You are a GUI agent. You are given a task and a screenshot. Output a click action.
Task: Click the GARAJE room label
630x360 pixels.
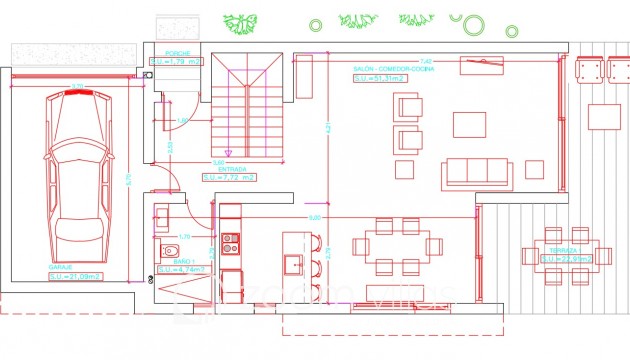[x=59, y=268]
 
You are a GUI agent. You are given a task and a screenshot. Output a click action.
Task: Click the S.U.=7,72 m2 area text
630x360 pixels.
[x=229, y=178]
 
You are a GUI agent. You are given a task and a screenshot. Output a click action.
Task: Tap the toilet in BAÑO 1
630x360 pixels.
[x=170, y=251]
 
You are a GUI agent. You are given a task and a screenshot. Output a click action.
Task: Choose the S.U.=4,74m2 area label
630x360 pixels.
[x=181, y=270]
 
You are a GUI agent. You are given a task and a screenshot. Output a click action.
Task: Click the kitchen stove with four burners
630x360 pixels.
[x=231, y=243]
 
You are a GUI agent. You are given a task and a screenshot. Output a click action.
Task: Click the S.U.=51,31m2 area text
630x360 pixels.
[x=379, y=78]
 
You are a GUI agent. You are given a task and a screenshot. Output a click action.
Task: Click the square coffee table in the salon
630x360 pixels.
[x=469, y=124]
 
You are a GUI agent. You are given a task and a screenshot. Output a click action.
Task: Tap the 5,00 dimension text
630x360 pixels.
[x=314, y=217]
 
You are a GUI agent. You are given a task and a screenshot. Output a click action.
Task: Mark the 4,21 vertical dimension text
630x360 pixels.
[x=327, y=127]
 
